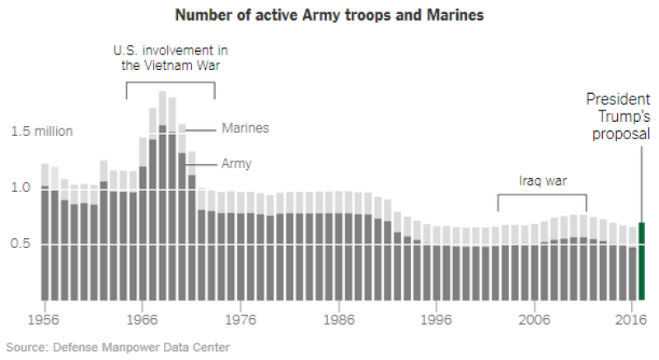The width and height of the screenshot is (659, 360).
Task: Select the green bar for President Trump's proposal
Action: (x=642, y=262)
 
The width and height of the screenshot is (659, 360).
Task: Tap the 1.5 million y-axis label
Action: (x=42, y=132)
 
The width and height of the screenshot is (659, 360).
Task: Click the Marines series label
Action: (x=245, y=129)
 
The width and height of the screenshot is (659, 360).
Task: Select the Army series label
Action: (x=236, y=164)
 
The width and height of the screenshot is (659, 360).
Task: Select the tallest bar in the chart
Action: (x=162, y=198)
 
